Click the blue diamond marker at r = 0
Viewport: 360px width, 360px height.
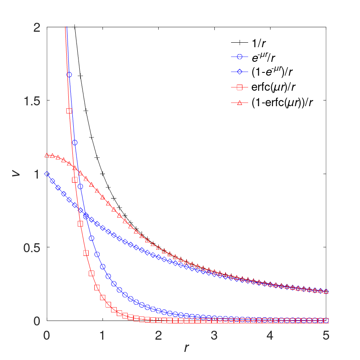point(47,174)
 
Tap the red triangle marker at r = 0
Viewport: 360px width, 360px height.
point(47,155)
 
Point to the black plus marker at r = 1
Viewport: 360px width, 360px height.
point(103,174)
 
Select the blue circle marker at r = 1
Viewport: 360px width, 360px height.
point(103,266)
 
